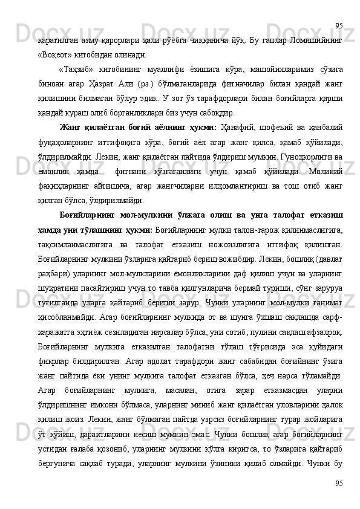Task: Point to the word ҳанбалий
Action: pos(321,128)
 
